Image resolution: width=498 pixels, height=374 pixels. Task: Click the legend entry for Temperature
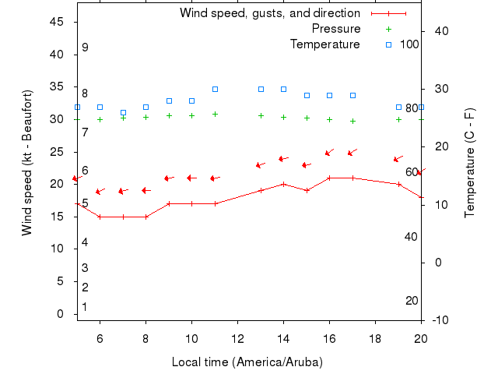pos(324,44)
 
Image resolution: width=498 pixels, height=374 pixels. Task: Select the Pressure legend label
pos(335,29)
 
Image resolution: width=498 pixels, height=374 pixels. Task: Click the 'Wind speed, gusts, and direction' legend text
pos(269,13)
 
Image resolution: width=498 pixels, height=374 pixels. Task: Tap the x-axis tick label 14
pos(283,338)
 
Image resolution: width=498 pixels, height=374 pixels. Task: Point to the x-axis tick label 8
pos(146,338)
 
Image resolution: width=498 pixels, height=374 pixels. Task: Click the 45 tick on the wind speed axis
pos(56,22)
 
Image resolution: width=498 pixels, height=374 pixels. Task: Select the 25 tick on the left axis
pos(56,152)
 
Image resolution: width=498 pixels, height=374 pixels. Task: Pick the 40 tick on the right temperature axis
pos(440,31)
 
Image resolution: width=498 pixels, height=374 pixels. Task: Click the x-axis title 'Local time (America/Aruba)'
pos(247,362)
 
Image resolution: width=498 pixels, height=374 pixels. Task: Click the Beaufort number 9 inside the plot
pos(85,48)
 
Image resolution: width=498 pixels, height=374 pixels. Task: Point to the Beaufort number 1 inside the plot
pos(85,307)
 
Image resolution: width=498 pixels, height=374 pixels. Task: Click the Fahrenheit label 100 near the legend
pos(409,44)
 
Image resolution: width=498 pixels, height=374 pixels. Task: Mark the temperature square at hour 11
pos(216,89)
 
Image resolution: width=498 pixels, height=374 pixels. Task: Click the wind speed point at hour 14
pos(283,184)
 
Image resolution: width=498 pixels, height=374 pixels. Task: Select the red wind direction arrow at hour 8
pos(146,190)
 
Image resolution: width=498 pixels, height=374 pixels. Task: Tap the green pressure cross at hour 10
pos(191,115)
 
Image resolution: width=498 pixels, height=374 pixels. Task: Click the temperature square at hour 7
pos(123,112)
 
